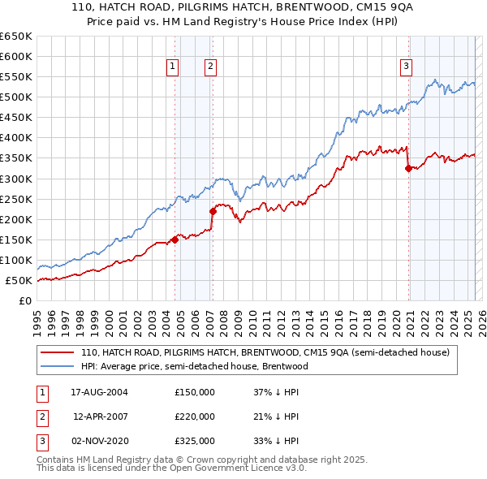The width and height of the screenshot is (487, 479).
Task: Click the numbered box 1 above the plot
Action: tap(173, 67)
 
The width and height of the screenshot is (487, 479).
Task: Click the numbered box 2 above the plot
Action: tap(210, 67)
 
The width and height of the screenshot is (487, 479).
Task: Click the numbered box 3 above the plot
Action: tap(406, 67)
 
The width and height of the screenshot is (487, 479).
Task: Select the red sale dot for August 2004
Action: tap(175, 239)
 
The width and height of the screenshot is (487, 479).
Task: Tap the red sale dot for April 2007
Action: tap(213, 211)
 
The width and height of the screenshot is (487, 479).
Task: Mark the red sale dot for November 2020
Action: tap(408, 168)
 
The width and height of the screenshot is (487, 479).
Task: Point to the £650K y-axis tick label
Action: tap(16, 37)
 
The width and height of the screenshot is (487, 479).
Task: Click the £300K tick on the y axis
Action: tap(16, 179)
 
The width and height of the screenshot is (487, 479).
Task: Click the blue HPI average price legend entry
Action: tap(194, 366)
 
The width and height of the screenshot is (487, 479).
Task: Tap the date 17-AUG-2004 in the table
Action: tap(100, 392)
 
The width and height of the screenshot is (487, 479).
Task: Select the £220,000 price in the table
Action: tap(195, 416)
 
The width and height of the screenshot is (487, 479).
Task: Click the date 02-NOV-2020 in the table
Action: tap(100, 441)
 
